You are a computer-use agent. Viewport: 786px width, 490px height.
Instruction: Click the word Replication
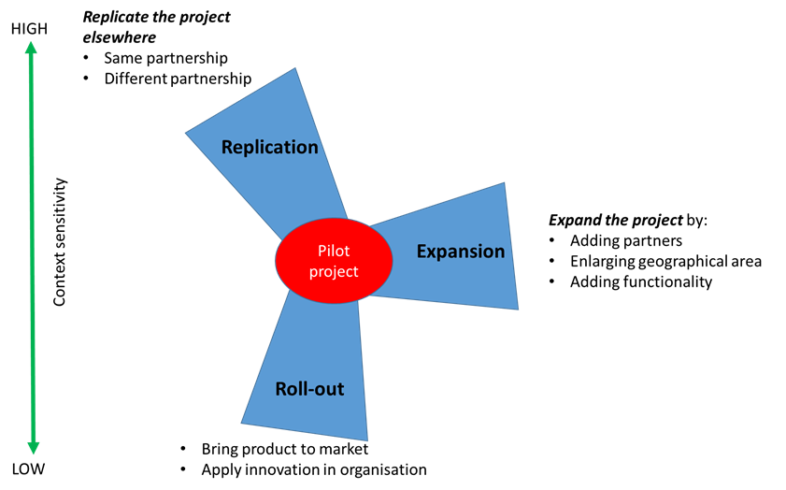coord(269,147)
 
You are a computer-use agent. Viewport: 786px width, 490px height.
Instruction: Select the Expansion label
coord(460,252)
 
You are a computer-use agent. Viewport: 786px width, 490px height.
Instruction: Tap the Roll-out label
coord(309,389)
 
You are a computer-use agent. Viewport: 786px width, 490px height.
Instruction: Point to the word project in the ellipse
coord(334,272)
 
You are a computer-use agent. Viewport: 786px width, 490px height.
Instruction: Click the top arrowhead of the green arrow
coord(31,48)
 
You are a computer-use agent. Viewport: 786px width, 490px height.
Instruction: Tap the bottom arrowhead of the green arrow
coord(34,448)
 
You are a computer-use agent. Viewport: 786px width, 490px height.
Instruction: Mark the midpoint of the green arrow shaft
coord(32,248)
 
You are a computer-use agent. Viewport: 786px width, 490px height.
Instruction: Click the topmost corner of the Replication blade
coord(296,67)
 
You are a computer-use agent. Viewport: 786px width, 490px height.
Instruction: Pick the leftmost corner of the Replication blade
coord(185,133)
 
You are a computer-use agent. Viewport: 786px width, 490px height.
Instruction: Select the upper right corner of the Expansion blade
coord(505,182)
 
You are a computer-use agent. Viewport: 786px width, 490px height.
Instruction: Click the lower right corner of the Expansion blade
coord(518,309)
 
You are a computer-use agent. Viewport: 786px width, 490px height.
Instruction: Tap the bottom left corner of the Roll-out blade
coord(241,424)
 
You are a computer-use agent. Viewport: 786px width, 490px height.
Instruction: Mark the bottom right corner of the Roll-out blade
coord(367,440)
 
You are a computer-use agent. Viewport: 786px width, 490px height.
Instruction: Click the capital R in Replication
coord(227,147)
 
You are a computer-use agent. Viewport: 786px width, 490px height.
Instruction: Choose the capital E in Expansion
coord(422,252)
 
